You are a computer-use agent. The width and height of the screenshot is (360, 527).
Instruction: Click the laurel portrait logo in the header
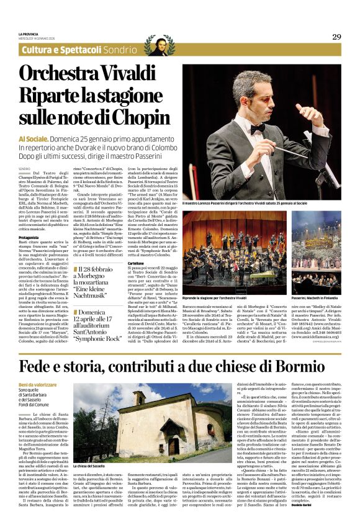[x=160, y=45]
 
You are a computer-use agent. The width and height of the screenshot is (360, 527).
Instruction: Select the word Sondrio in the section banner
[x=120, y=49]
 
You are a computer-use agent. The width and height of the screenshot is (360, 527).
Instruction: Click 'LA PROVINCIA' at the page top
[x=29, y=34]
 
